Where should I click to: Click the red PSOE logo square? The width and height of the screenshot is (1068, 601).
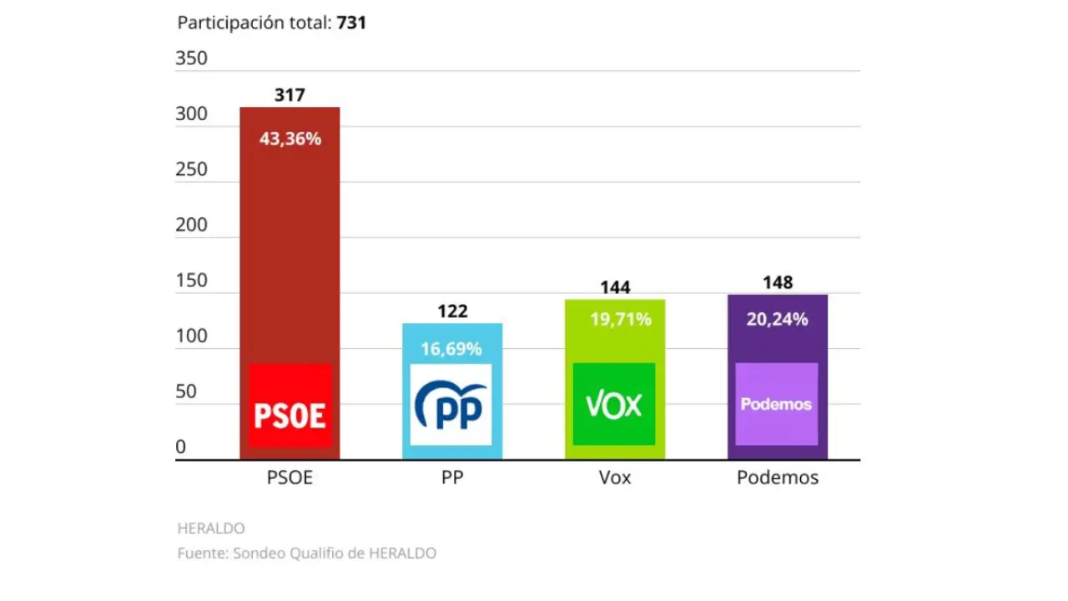[290, 406]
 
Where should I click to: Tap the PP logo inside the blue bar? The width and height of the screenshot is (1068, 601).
[451, 405]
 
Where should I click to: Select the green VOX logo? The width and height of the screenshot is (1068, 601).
[614, 405]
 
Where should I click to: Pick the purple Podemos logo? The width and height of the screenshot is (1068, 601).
[776, 404]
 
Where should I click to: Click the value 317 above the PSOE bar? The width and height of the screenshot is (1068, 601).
[290, 95]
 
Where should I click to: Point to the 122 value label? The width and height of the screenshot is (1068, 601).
[452, 311]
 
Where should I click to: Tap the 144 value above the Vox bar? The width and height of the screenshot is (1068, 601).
[615, 288]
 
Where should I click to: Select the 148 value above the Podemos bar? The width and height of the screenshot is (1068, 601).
[778, 282]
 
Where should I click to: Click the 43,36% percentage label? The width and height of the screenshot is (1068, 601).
[290, 139]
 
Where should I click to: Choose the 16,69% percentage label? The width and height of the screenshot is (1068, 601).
[451, 349]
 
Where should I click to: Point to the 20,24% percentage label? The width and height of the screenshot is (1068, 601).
[778, 319]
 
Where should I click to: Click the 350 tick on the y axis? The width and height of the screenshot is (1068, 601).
[191, 58]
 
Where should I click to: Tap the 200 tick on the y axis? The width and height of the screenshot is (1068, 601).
[191, 225]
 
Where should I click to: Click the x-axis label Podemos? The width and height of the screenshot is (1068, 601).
[778, 478]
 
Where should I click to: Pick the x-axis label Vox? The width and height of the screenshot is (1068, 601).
[615, 478]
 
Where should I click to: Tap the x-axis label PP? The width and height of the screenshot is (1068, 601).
[452, 478]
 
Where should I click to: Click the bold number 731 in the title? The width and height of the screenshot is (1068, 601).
[351, 23]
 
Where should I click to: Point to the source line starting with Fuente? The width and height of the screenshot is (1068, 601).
[306, 553]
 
